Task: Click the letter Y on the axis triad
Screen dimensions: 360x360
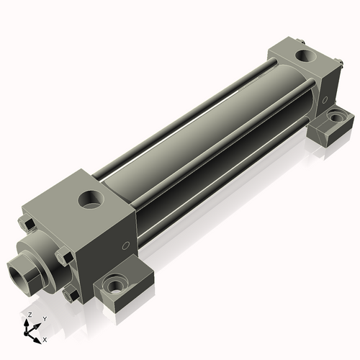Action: point(44,318)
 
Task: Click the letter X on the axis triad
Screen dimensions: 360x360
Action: point(45,338)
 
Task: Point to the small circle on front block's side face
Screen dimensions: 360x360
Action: point(127,243)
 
